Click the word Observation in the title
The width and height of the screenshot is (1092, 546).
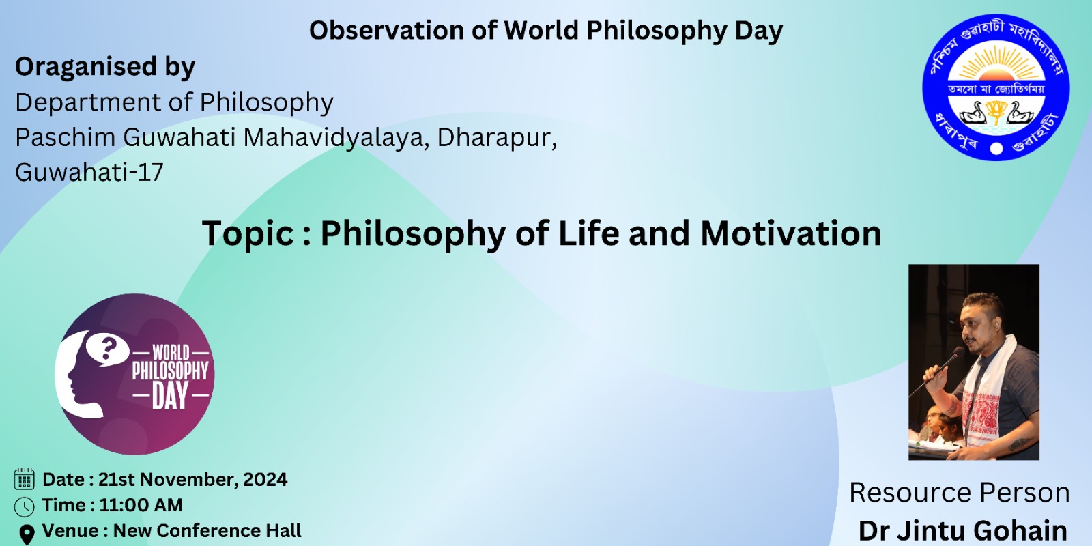386,30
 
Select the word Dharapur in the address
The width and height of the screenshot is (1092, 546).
497,137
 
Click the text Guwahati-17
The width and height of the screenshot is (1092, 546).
89,172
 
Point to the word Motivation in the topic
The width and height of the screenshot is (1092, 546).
791,233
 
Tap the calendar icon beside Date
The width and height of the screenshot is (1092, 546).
25,478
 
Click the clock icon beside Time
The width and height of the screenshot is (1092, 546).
25,507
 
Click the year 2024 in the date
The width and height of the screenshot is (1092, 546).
265,479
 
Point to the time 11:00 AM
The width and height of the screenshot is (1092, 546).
141,505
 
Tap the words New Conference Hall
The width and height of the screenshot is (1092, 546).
207,531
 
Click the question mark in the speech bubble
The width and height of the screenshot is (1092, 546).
109,349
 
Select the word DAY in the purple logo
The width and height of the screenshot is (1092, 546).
170,396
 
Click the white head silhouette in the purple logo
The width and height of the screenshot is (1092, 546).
78,375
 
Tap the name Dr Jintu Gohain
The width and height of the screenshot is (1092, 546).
963,531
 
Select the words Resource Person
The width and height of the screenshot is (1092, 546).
960,492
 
